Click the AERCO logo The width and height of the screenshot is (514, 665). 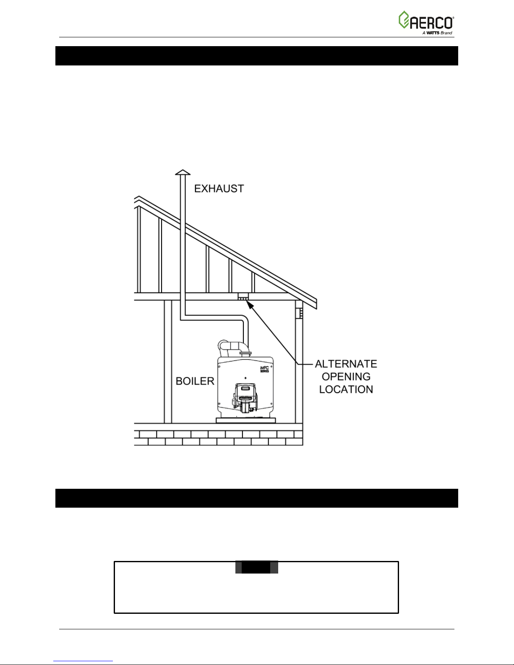pyautogui.click(x=425, y=20)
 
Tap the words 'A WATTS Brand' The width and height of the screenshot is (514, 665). pyautogui.click(x=437, y=33)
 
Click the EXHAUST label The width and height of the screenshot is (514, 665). pyautogui.click(x=219, y=189)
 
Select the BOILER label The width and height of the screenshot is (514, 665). pyautogui.click(x=195, y=381)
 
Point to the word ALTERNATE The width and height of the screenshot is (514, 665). pyautogui.click(x=346, y=363)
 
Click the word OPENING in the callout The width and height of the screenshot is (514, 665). pyautogui.click(x=346, y=376)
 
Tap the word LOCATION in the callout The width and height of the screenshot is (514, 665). pyautogui.click(x=346, y=389)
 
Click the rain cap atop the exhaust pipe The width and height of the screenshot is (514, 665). pyautogui.click(x=183, y=172)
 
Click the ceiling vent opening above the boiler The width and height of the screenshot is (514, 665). pyautogui.click(x=243, y=297)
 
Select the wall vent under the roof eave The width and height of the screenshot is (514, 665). pyautogui.click(x=300, y=313)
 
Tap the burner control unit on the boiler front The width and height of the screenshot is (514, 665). pyautogui.click(x=245, y=396)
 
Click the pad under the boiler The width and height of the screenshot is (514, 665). pyautogui.click(x=245, y=420)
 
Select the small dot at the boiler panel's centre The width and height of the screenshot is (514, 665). pyautogui.click(x=245, y=377)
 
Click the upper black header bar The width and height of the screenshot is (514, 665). pyautogui.click(x=256, y=56)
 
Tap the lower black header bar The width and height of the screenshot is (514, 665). pyautogui.click(x=256, y=498)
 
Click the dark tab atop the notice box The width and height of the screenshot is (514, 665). pyautogui.click(x=256, y=567)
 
